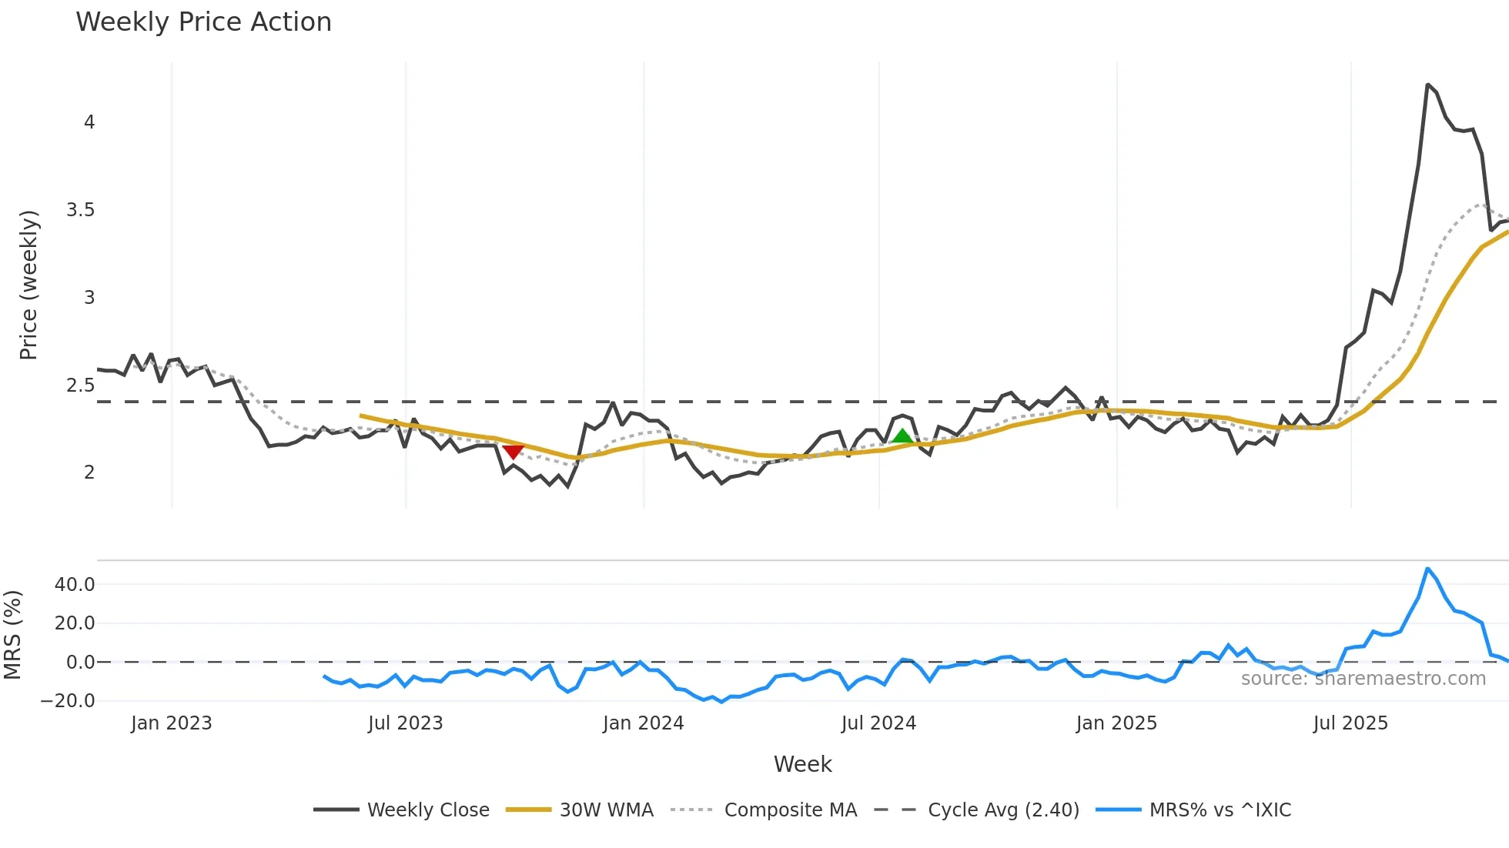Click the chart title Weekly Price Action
203,22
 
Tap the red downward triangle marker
513,452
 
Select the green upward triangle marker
902,436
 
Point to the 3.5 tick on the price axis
80,210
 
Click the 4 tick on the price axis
89,122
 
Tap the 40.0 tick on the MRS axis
75,585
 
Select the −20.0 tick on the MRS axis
68,701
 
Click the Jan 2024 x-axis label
643,723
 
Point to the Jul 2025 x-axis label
1350,723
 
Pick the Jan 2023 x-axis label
171,723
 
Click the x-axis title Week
802,764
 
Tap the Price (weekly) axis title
28,285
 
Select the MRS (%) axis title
12,635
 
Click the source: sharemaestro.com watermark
1363,679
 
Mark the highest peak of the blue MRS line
1427,569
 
